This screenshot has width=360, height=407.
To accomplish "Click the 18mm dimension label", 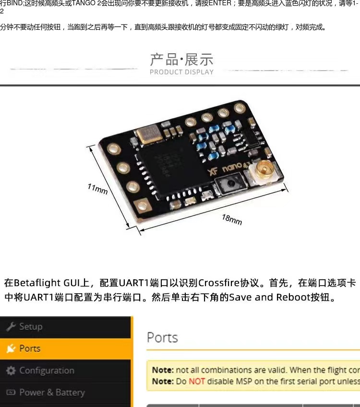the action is coord(231,219).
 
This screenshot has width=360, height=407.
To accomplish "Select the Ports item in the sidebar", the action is coord(30,348).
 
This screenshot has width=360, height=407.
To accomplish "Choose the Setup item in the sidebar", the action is coord(31,326).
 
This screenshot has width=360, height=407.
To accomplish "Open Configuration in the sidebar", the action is coord(47,371).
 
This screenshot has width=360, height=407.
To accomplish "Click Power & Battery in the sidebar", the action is coord(52,392).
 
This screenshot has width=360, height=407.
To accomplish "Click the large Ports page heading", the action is coord(162,337).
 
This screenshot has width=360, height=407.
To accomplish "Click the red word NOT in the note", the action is coord(197,381).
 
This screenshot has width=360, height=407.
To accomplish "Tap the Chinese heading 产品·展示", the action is coord(181,60).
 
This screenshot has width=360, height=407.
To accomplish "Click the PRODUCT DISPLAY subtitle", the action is coord(181,72).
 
